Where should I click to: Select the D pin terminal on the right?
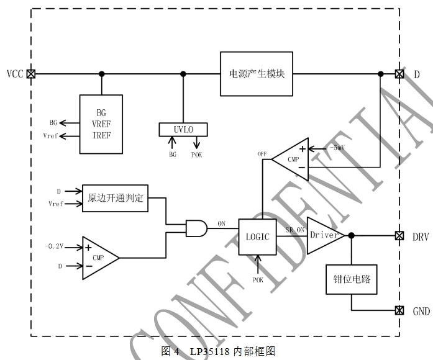pos(399,73)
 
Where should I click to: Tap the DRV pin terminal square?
pos(399,236)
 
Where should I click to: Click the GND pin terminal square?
pos(399,310)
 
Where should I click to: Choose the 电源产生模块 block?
pos(257,73)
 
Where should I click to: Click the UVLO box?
pos(183,129)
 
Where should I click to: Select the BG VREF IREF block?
pos(101,124)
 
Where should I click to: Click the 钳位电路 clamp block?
pos(352,279)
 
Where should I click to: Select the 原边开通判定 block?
pos(116,198)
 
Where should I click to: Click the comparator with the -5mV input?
pos(292,157)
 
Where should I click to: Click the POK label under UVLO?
pos(196,154)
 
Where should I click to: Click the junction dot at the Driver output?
pos(352,236)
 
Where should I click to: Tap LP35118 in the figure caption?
pos(210,351)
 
